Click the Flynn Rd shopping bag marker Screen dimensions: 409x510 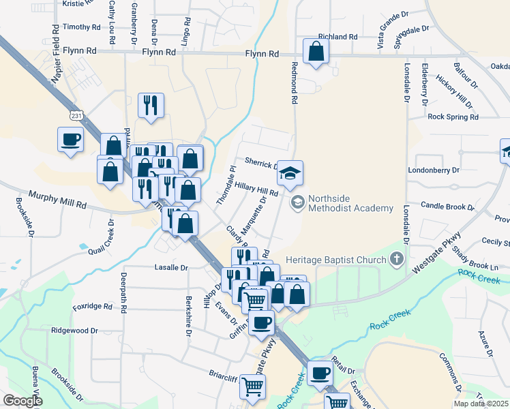(x=316, y=51)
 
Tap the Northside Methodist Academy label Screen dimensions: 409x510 (x=350, y=203)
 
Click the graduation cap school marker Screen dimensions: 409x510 (x=290, y=173)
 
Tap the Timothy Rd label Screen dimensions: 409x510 (x=81, y=27)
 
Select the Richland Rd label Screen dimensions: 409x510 (x=337, y=36)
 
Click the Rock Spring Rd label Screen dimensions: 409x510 (x=453, y=117)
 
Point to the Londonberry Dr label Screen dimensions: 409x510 (x=434, y=169)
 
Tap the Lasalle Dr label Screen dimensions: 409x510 (x=170, y=268)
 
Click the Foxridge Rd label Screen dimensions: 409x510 (x=92, y=307)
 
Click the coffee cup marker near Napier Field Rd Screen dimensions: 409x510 (x=71, y=140)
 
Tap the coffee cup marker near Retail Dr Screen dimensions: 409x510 (x=320, y=373)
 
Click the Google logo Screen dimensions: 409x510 (x=22, y=401)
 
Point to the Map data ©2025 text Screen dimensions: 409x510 (x=480, y=404)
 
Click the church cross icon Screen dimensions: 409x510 (x=397, y=259)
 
